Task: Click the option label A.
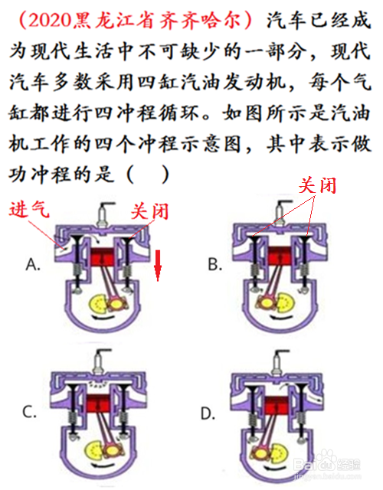[33, 265]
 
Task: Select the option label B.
[215, 265]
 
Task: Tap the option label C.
[30, 412]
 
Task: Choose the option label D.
[208, 414]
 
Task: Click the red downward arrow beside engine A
[158, 265]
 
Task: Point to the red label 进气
[29, 209]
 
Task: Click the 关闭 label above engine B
[317, 185]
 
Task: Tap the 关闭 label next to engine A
[149, 211]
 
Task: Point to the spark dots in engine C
[97, 386]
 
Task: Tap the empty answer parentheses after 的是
[148, 175]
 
